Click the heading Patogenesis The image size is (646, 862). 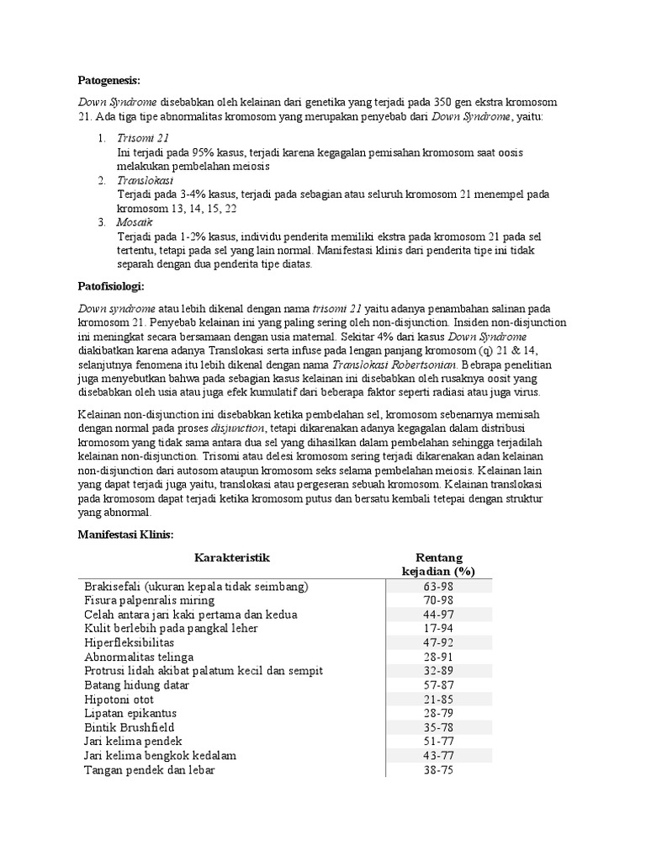coord(108,80)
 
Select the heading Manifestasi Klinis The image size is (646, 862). coord(124,534)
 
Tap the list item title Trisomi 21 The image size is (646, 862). coord(144,136)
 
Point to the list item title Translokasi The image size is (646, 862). coord(146,180)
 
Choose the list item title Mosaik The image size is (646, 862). coord(135,222)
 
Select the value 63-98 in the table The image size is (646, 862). coord(439,586)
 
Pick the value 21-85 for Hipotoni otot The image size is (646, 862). coord(439,699)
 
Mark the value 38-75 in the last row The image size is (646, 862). coord(439,769)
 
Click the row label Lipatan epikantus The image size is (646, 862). coord(131,713)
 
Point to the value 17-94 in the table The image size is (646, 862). coord(439,628)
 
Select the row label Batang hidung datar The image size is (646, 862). coord(136,684)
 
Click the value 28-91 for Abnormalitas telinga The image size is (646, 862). coord(439,657)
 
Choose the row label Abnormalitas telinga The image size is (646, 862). coord(139,657)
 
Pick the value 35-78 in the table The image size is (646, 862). coord(439,726)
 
